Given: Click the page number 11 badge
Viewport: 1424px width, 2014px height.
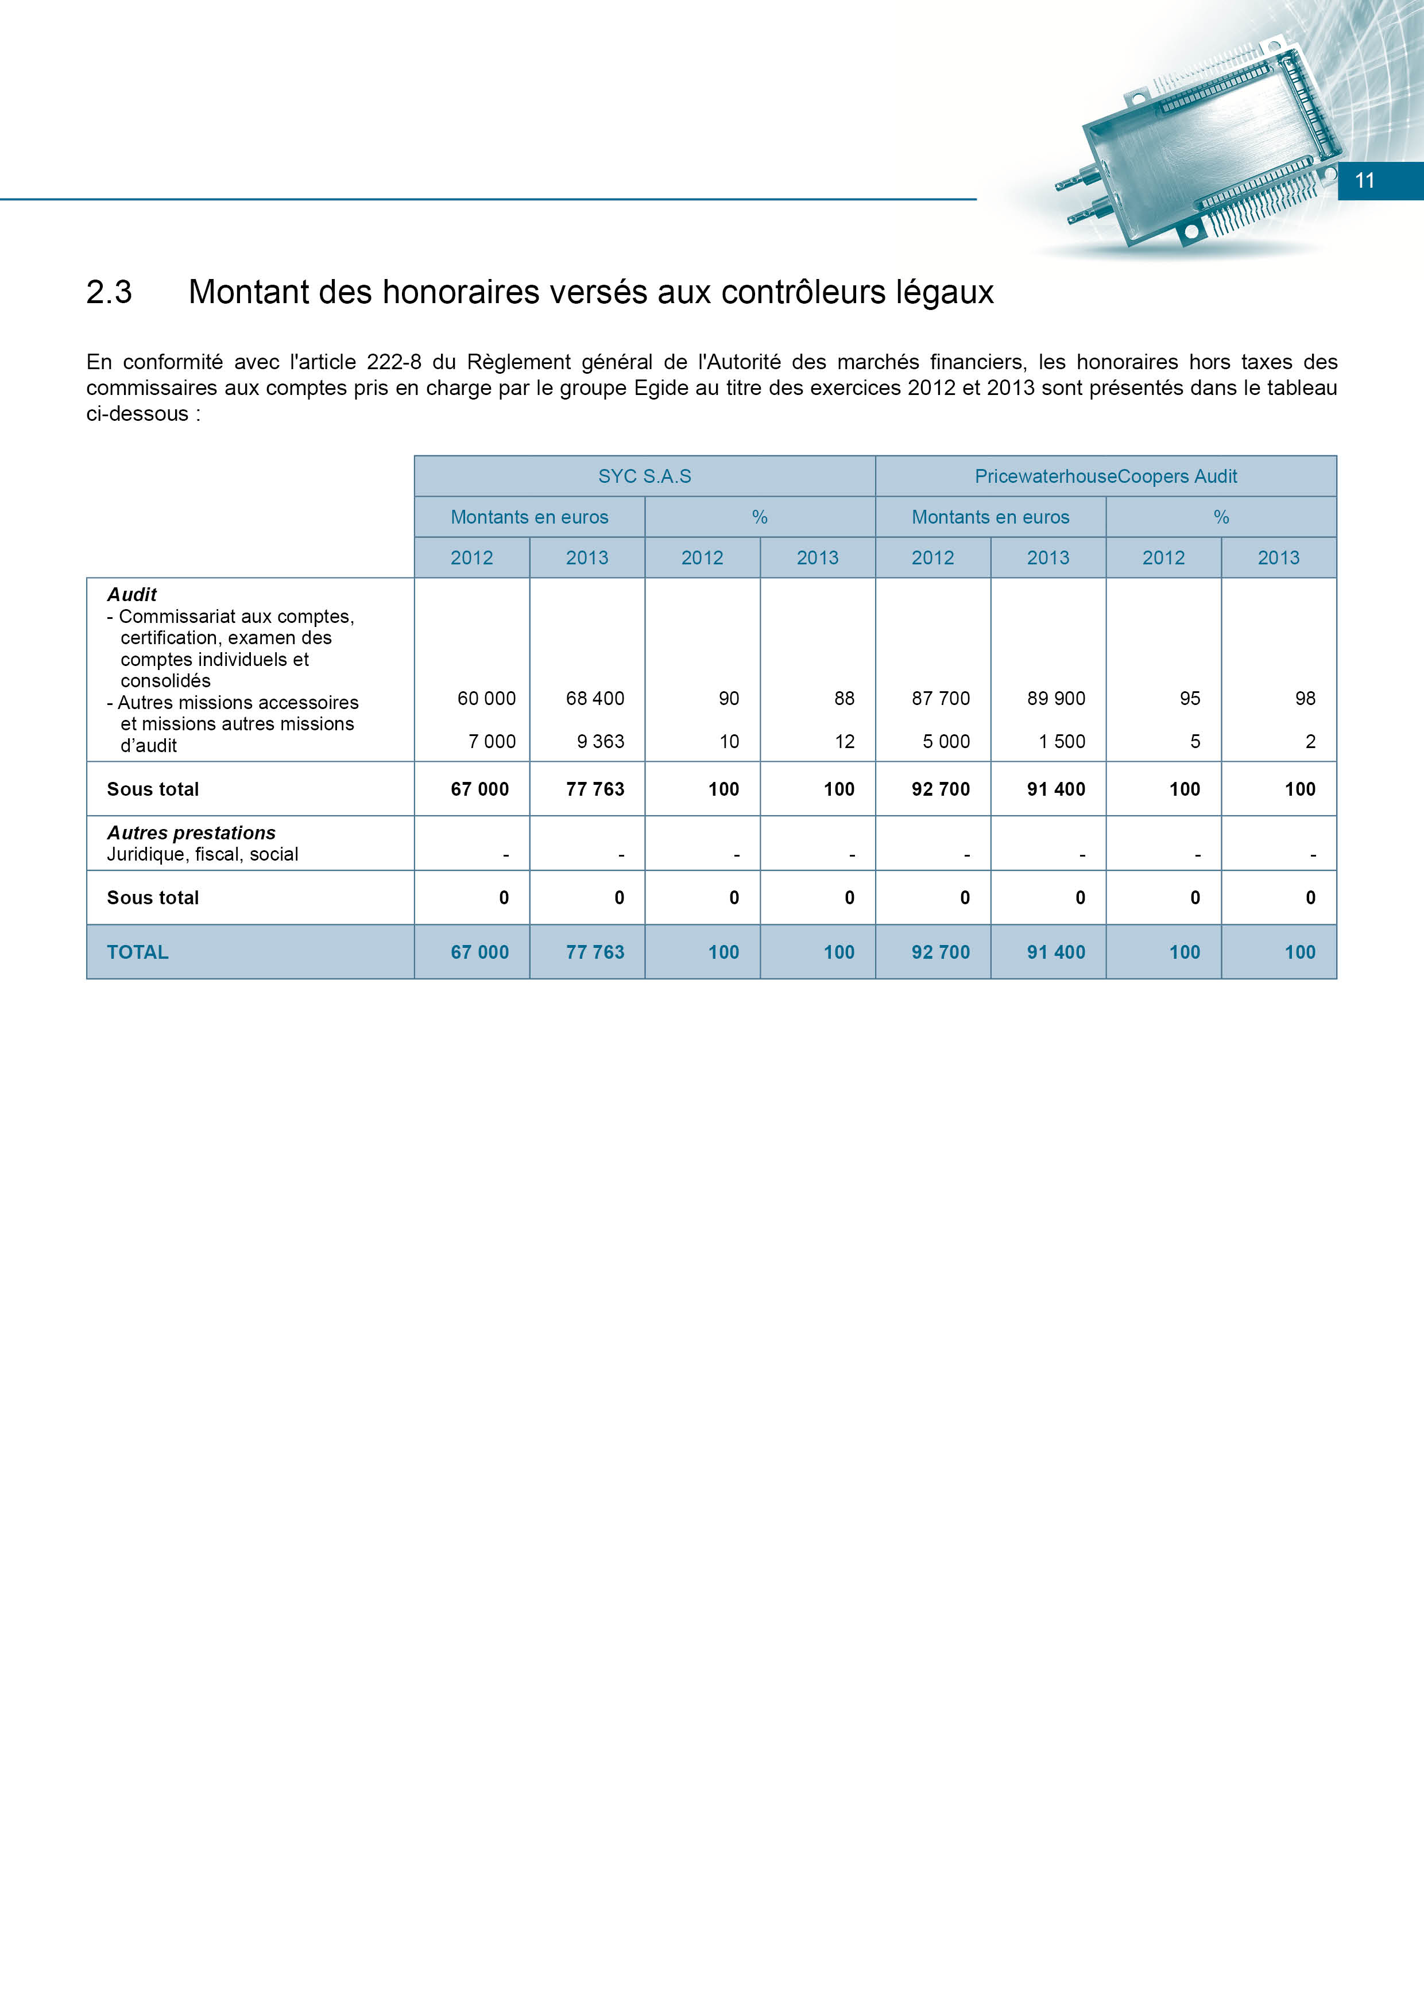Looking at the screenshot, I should tap(1364, 181).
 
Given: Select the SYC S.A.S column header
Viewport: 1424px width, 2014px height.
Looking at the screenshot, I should tap(644, 477).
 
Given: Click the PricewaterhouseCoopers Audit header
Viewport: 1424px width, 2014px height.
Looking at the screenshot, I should tap(1105, 477).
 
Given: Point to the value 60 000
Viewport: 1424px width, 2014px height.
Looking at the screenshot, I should tap(486, 698).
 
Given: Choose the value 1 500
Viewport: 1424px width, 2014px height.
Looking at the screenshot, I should tap(1062, 741).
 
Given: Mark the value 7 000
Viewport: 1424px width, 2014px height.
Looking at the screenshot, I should tap(492, 741).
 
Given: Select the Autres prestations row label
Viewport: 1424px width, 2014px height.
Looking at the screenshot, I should tap(191, 832).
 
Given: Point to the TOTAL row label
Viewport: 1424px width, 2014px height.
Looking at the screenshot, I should tap(138, 952).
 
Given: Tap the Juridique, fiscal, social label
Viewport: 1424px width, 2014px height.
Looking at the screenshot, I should tap(203, 854).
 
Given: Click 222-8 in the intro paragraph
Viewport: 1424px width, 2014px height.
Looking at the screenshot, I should tap(394, 362).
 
